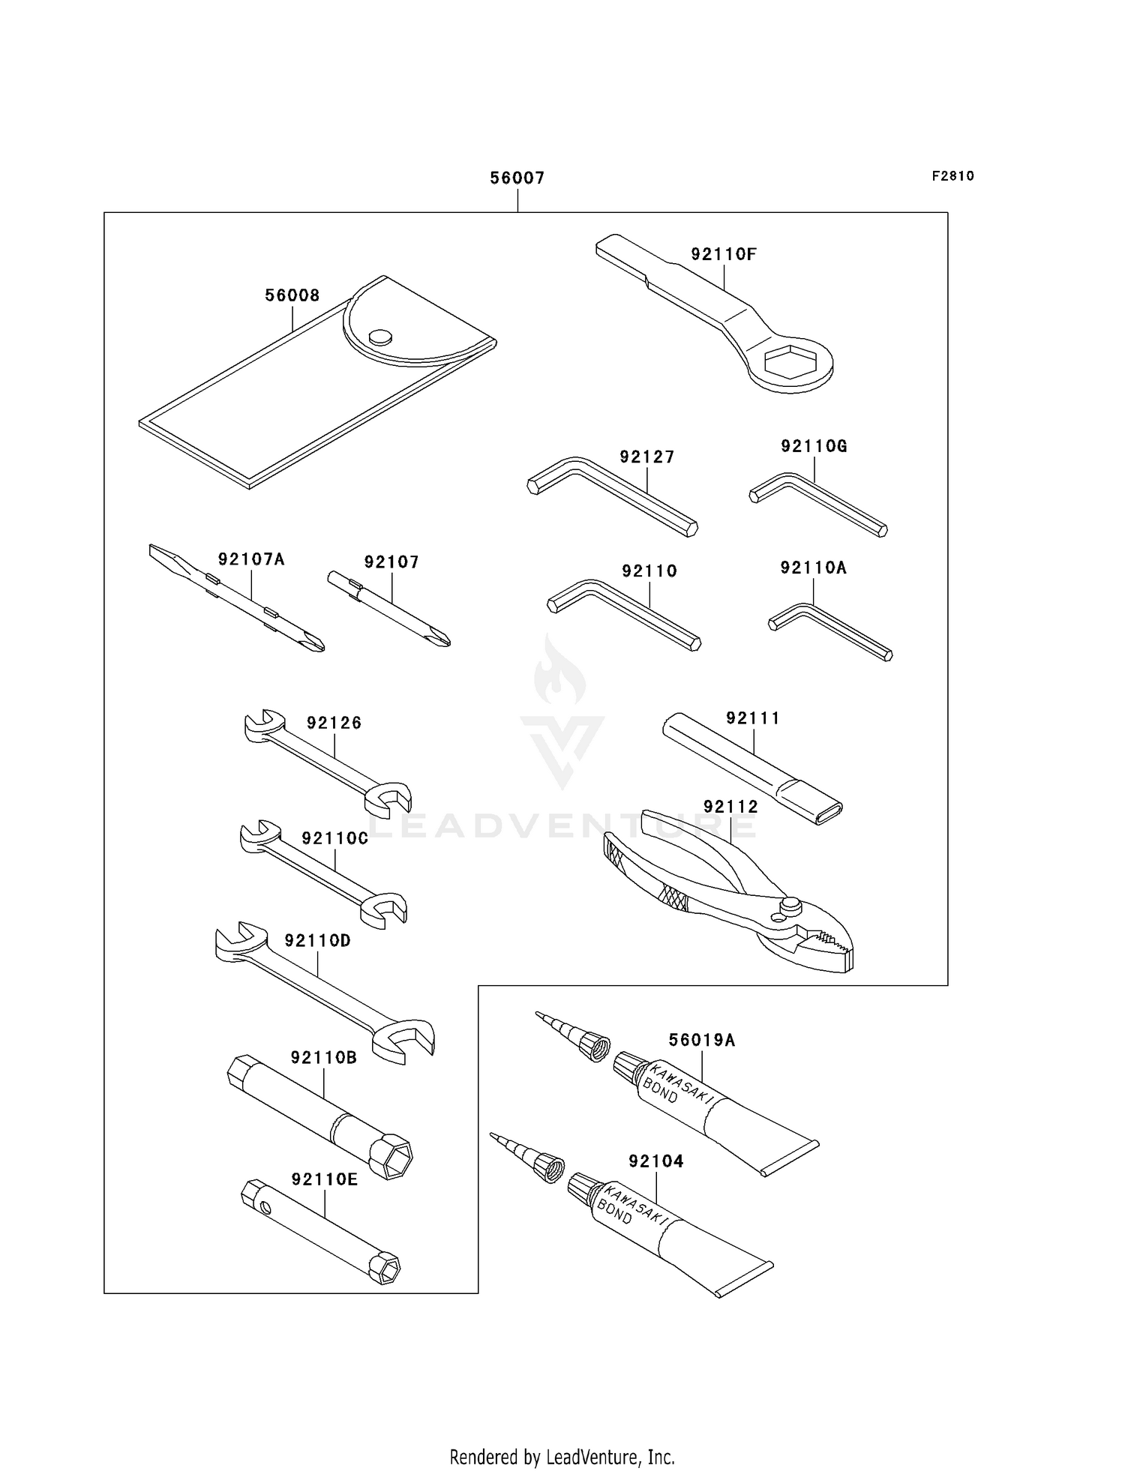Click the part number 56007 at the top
(x=517, y=178)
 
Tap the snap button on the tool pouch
(x=381, y=336)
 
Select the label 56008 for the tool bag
(x=292, y=295)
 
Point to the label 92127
(x=646, y=457)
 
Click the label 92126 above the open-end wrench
(x=334, y=723)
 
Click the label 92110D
(x=317, y=940)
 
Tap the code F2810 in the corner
(x=952, y=176)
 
